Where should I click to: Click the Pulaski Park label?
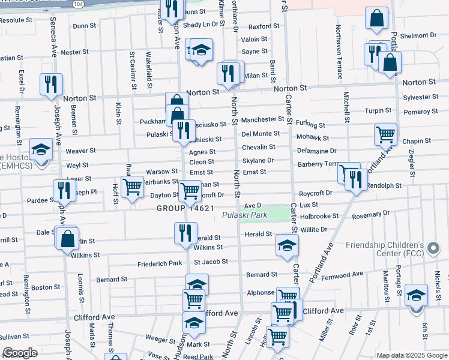click(x=244, y=215)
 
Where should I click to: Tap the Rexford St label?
click(x=260, y=26)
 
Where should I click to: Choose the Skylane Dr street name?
click(x=258, y=161)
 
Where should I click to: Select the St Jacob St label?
click(x=211, y=262)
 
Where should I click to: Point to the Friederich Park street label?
click(x=160, y=263)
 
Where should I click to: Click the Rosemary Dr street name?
click(x=372, y=214)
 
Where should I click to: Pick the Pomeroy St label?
click(x=420, y=112)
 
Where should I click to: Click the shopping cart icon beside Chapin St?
click(x=385, y=134)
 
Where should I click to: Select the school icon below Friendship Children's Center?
click(x=416, y=296)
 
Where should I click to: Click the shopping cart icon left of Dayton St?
click(x=131, y=186)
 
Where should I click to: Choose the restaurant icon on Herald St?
click(x=185, y=232)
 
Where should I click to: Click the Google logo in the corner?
click(x=19, y=353)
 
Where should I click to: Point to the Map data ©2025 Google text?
click(x=411, y=355)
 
